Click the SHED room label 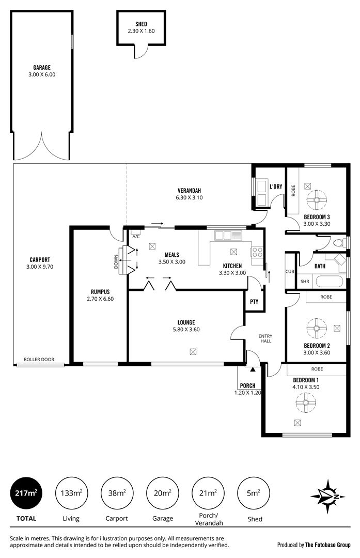[141, 24]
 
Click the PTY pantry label [254, 301]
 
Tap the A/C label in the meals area [136, 236]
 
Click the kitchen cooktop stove [257, 253]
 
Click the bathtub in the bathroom [328, 282]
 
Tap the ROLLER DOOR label [39, 360]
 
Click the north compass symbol [327, 497]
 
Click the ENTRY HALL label [265, 338]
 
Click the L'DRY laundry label [276, 187]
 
